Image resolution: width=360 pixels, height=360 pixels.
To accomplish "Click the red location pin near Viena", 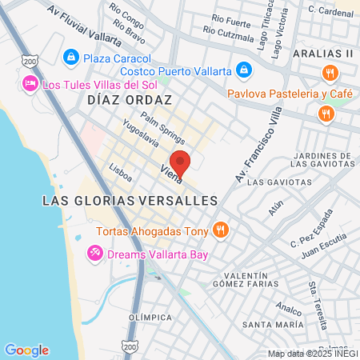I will pos(181,162).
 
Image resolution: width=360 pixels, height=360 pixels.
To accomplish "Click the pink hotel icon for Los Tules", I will pos(30,83).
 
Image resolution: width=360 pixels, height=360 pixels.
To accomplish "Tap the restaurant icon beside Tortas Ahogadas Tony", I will pos(222,231).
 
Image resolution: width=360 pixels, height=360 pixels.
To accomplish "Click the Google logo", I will pos(26,350).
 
